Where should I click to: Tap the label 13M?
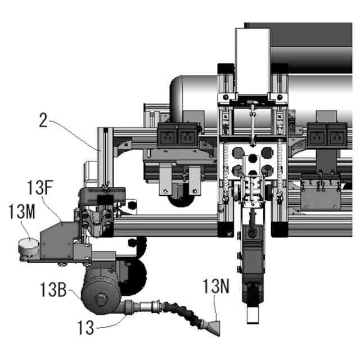pyautogui.click(x=21, y=212)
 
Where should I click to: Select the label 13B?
pyautogui.click(x=54, y=291)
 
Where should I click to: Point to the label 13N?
pyautogui.click(x=216, y=287)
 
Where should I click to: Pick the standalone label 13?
pyautogui.click(x=85, y=326)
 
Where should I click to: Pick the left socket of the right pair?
pyautogui.click(x=316, y=135)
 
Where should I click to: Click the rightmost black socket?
pyautogui.click(x=336, y=135)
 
